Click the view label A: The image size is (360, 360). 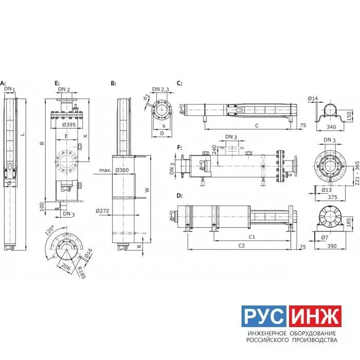click(x=3, y=83)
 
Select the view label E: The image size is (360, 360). click(x=57, y=83)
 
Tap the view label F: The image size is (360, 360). click(x=179, y=148)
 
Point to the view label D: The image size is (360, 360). click(x=179, y=195)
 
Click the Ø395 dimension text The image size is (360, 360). click(x=69, y=124)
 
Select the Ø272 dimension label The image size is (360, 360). click(x=102, y=211)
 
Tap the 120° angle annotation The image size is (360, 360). click(x=49, y=230)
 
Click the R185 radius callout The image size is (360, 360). click(x=81, y=272)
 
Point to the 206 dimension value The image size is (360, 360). click(x=66, y=267)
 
